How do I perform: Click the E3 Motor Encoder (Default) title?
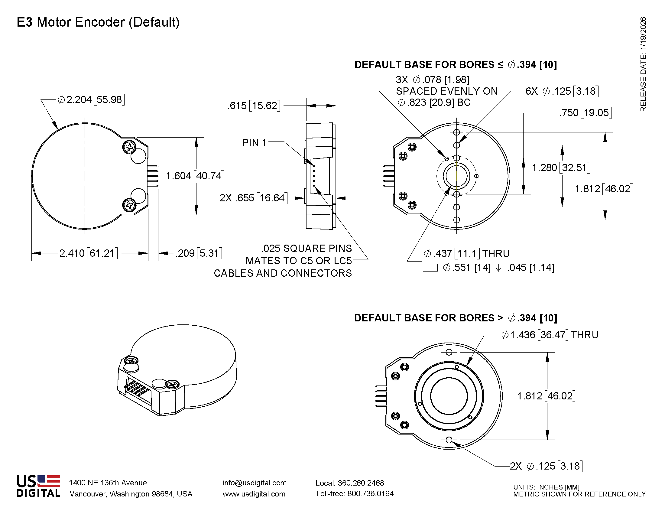point(98,22)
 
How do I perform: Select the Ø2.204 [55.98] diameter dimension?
point(91,99)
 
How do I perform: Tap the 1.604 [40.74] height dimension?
point(195,176)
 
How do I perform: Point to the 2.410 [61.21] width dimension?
point(88,253)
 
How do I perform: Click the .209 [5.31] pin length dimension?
point(199,253)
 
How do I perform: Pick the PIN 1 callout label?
point(254,143)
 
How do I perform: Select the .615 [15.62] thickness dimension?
point(254,106)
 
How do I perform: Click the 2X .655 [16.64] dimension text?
point(253,198)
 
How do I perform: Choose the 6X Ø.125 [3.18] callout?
point(562,91)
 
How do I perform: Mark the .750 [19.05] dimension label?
point(585,113)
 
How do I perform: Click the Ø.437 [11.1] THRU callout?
point(466,253)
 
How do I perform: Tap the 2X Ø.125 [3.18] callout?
point(546,466)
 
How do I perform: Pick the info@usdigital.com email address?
point(255,483)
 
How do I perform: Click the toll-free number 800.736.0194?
point(370,493)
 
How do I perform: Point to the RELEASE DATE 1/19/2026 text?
point(643,64)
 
